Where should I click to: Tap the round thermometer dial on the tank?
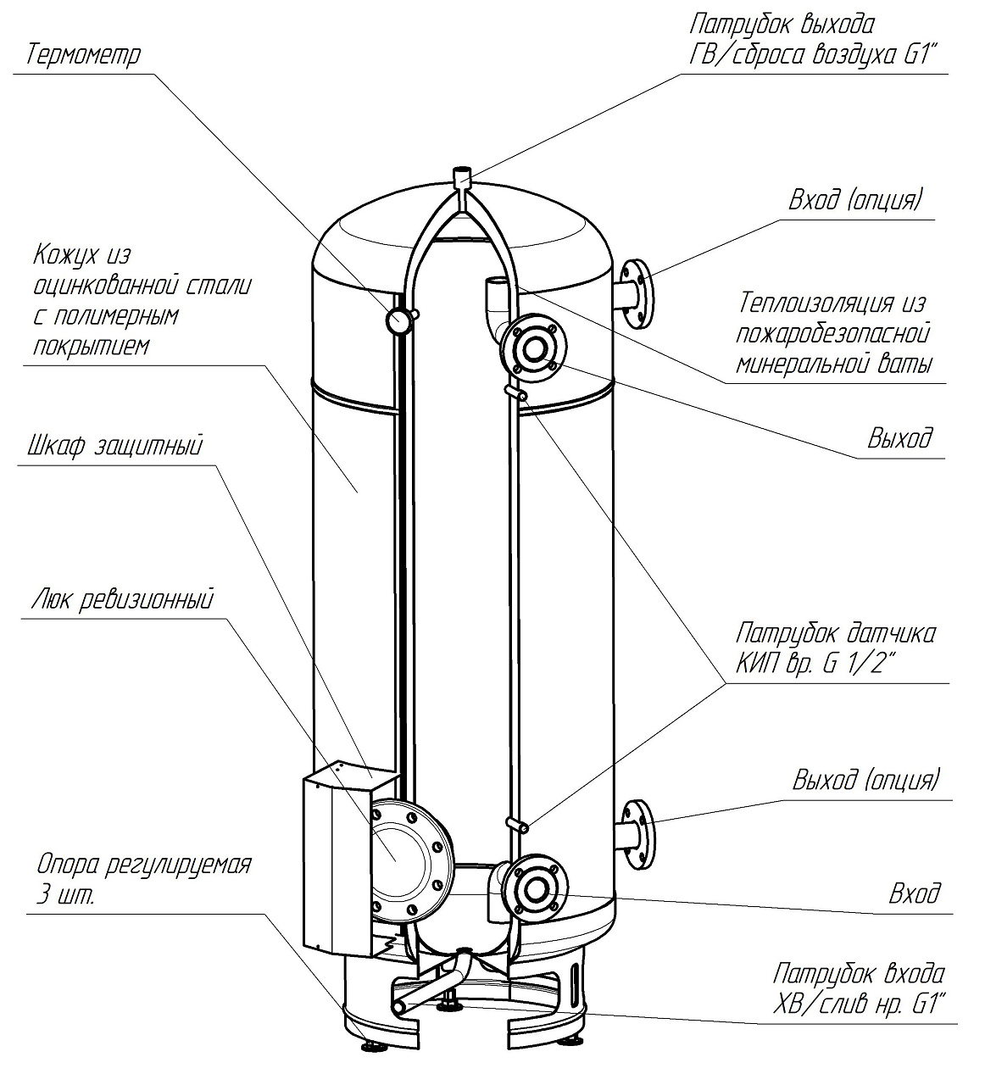398,320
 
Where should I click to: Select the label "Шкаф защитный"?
114,447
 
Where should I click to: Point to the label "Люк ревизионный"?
122,600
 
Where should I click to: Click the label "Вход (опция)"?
855,201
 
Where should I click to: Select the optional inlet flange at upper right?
637,293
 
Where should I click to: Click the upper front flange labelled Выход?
534,349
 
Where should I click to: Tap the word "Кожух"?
65,255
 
